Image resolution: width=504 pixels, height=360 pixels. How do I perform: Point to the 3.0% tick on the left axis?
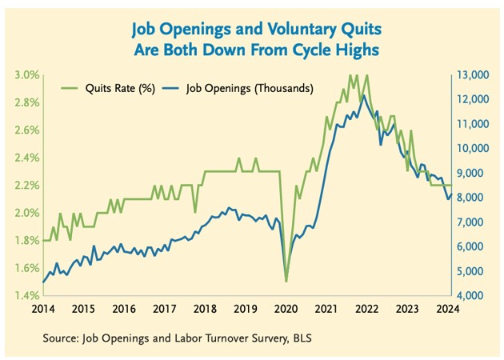tap(27, 75)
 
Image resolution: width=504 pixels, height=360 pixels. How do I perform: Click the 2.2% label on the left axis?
tap(27, 186)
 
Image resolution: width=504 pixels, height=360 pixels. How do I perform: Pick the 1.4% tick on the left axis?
tap(27, 296)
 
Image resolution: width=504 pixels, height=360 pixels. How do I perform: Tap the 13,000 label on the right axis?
tap(470, 75)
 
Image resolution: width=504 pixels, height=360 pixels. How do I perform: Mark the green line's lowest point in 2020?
tap(286, 281)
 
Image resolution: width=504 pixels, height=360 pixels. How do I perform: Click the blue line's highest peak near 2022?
tap(364, 95)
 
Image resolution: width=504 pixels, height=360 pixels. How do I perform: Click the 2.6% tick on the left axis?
tap(27, 130)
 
